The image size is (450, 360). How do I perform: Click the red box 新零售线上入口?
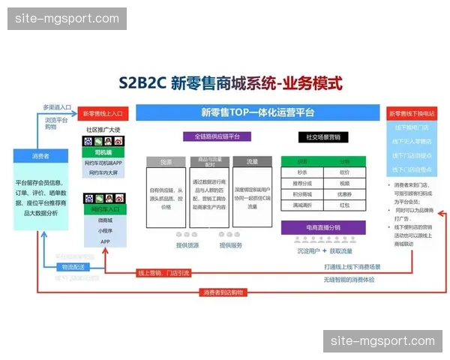tap(104, 113)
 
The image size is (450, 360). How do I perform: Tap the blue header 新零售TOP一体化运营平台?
tap(257, 112)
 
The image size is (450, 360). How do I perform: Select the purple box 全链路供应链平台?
tap(212, 137)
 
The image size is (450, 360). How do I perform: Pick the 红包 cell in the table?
tap(344, 204)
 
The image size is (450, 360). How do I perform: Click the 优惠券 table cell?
tap(344, 193)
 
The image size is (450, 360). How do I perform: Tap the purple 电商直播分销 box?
tap(322, 226)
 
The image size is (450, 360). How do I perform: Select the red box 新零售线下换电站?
tap(412, 113)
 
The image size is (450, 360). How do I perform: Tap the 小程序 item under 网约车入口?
tap(105, 231)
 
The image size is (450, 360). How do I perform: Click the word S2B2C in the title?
tap(142, 82)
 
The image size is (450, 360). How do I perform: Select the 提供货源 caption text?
tap(187, 245)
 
